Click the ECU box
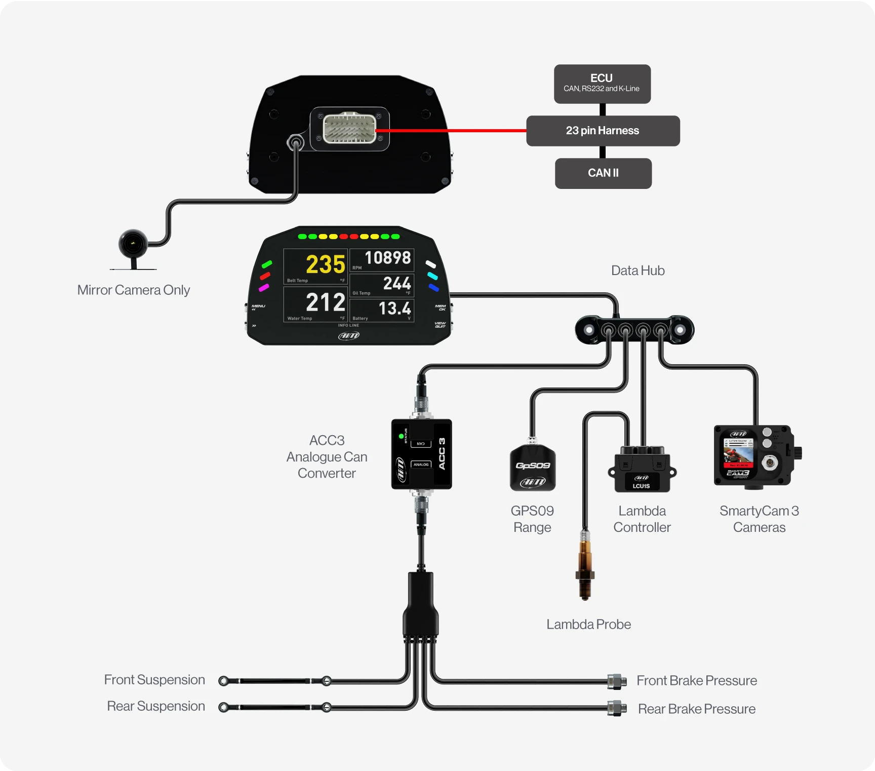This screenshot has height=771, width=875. point(602,84)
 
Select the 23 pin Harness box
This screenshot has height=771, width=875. point(603,131)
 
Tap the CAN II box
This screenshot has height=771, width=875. point(603,173)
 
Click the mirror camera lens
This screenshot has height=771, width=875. point(133,243)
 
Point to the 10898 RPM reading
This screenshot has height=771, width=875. point(387,258)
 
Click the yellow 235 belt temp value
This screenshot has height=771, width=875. point(325,264)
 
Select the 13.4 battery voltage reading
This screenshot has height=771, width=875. point(394,308)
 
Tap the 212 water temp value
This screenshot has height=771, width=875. point(325,302)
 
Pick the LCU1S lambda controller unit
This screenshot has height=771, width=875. point(642,470)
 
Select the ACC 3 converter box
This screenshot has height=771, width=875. point(421,454)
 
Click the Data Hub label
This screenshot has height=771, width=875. point(638,271)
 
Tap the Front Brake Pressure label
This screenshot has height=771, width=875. point(696,680)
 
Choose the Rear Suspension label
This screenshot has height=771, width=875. point(156,706)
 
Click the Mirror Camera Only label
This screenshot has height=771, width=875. point(134,290)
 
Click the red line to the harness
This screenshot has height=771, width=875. point(451,131)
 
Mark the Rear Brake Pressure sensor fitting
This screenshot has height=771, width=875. point(616,708)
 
